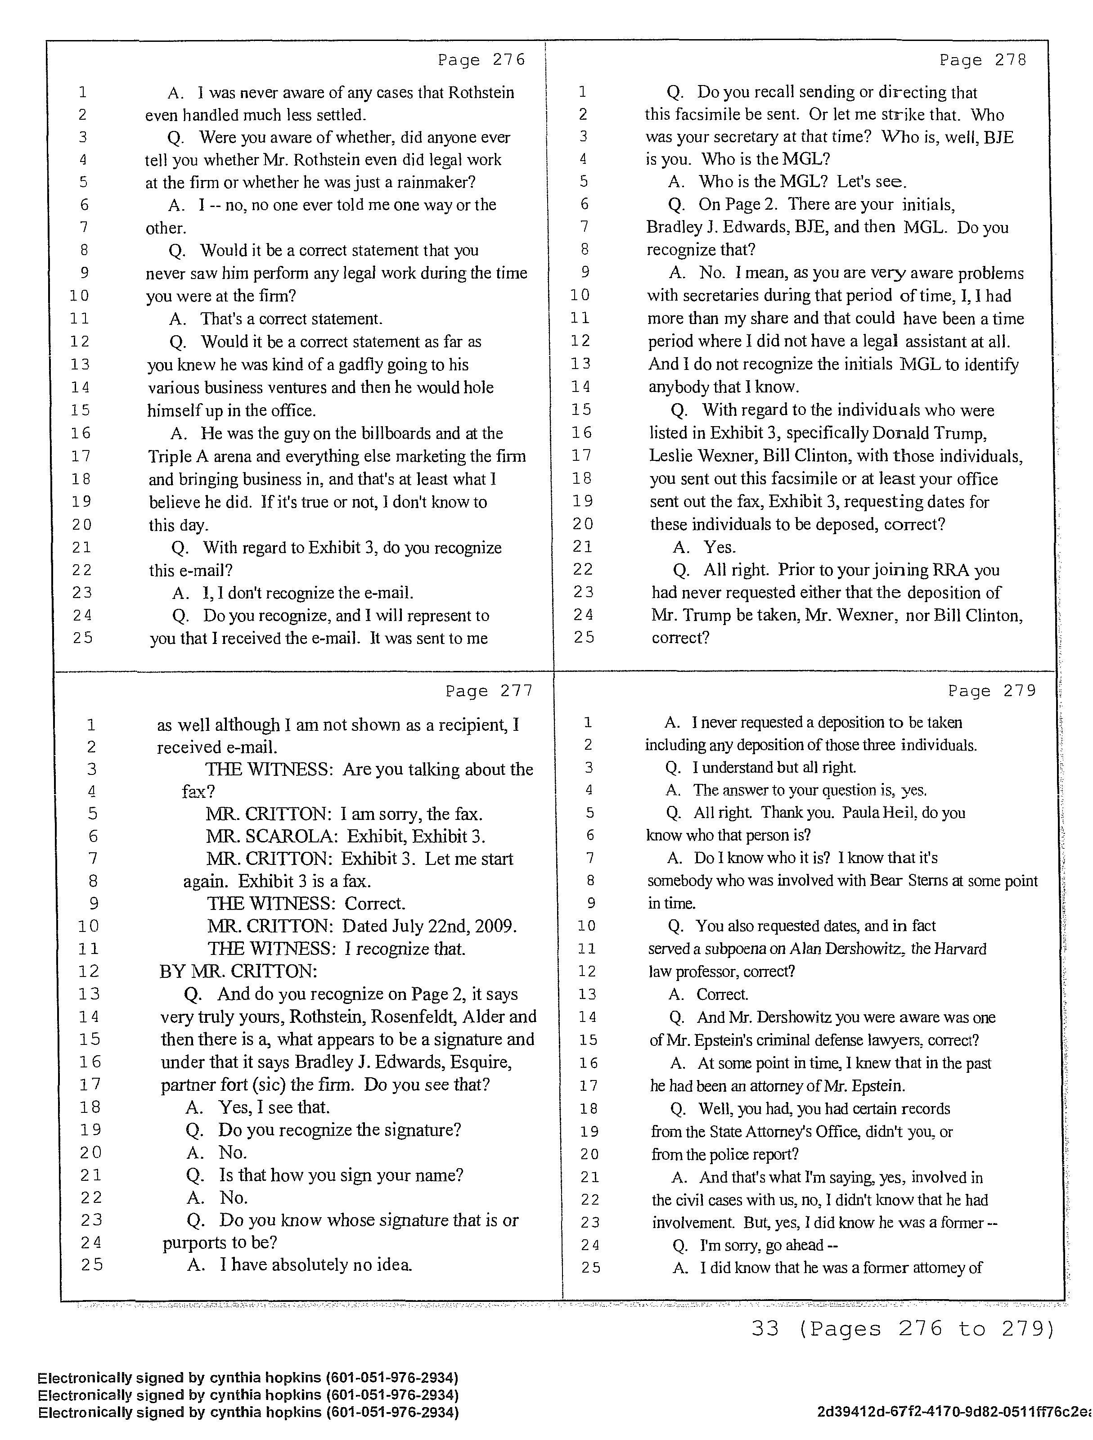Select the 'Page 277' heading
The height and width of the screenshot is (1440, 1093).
coord(489,691)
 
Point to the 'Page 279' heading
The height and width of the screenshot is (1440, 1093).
coord(991,691)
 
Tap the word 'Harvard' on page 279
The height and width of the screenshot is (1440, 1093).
coord(960,949)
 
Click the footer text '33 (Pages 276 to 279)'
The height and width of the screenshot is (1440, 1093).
coord(902,1328)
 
